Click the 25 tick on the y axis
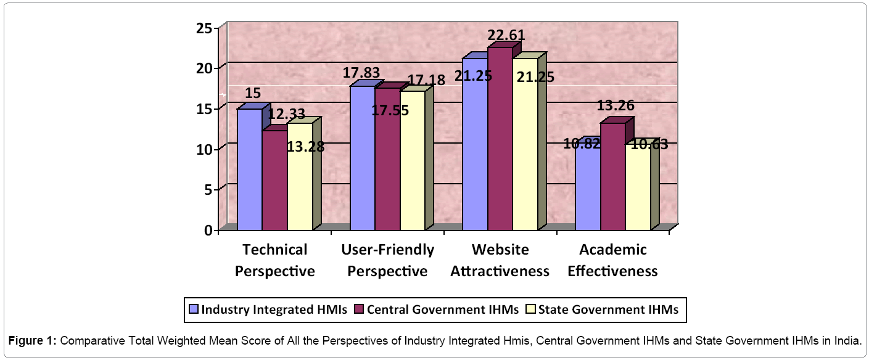205,28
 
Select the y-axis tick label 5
208,190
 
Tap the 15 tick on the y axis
205,109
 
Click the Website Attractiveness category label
500,260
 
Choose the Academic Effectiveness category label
612,260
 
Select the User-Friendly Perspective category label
387,260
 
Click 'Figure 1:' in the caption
33,341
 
